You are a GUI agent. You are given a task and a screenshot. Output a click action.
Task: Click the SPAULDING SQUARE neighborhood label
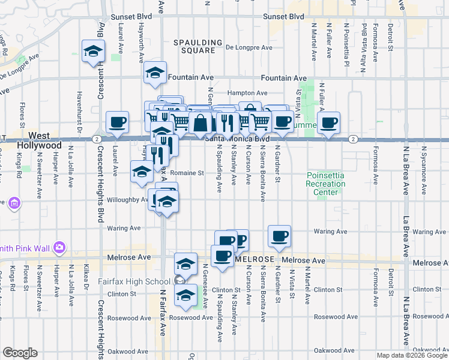194,46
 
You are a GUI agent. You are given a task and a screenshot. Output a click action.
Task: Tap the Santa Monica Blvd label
235,139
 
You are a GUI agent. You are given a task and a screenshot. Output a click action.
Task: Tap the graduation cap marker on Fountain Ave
155,73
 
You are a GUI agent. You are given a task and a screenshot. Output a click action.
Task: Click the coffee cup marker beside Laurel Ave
117,122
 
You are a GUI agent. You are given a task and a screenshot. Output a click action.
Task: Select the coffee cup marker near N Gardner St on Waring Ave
279,236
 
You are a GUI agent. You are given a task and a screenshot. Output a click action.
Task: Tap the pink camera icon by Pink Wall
59,247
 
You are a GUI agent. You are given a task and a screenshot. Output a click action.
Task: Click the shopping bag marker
202,123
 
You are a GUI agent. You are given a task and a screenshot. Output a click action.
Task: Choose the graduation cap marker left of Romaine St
142,171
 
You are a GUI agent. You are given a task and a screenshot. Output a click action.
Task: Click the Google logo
20,353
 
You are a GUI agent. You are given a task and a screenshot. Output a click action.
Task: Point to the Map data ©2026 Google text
411,355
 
